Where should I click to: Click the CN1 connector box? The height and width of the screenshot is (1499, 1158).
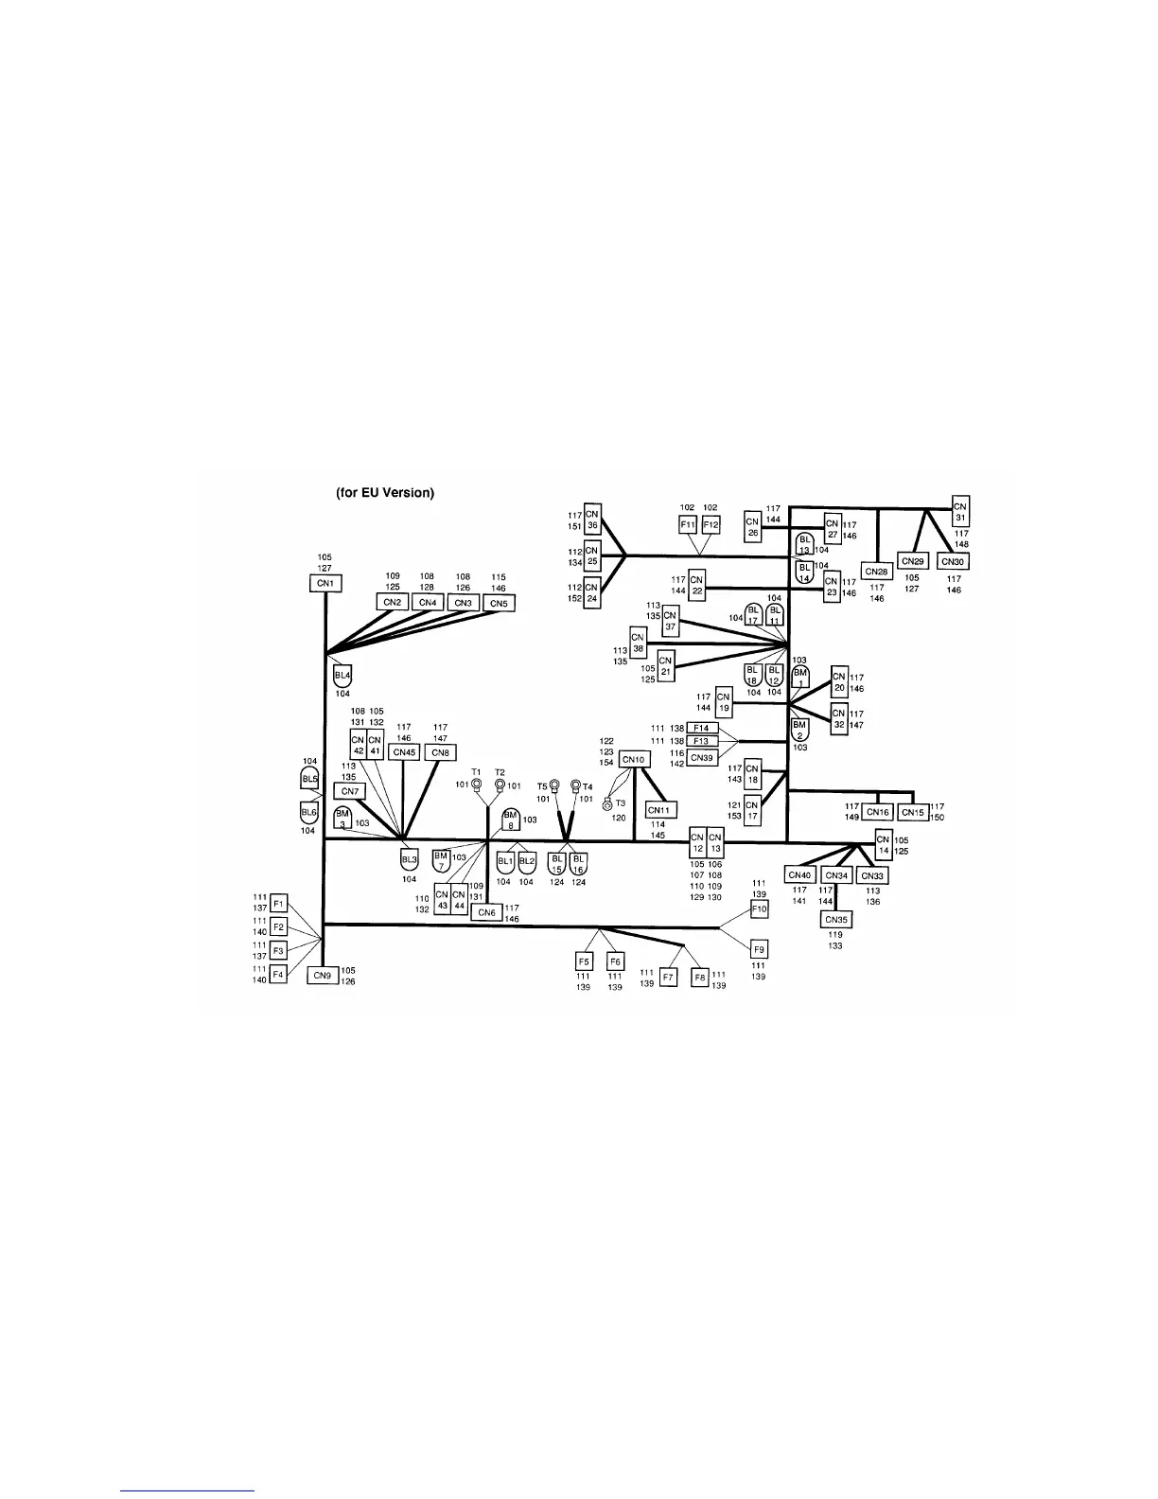click(325, 584)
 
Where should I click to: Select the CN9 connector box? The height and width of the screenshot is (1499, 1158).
click(322, 975)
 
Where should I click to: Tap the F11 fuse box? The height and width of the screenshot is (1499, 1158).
click(688, 524)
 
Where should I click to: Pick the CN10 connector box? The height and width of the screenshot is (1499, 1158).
click(633, 759)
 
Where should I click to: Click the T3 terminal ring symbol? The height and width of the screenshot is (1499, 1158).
click(607, 804)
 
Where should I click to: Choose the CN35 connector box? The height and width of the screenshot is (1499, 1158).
click(835, 919)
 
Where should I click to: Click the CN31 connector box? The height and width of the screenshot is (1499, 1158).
click(960, 511)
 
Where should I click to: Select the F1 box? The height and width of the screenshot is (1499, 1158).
click(278, 903)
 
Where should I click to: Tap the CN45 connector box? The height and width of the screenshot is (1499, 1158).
click(404, 752)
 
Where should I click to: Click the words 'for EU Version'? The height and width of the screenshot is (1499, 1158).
click(385, 493)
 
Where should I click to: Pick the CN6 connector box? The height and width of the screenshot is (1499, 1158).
click(486, 912)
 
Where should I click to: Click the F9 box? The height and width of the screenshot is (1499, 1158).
click(759, 949)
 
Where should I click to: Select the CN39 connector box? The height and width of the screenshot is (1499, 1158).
click(702, 758)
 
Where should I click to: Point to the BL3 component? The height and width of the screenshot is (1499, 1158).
click(409, 860)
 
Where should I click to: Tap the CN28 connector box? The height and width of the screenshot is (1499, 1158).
click(877, 572)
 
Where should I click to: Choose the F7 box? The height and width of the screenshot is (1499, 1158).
click(668, 976)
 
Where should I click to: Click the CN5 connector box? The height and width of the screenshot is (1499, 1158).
click(499, 603)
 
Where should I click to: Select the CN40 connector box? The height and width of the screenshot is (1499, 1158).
click(800, 875)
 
